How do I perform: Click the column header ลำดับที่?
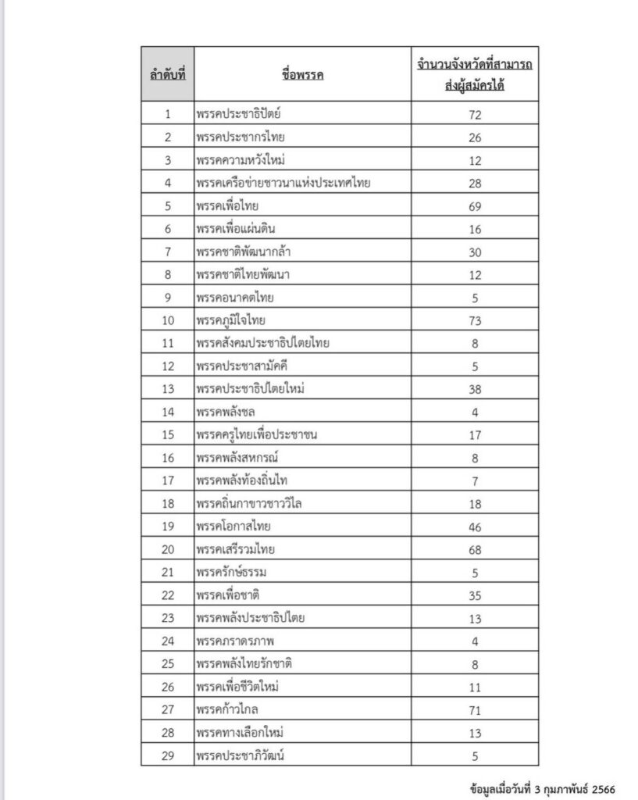[x=167, y=74]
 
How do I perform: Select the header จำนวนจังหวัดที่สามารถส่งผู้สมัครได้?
[x=475, y=74]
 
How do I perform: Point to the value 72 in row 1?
[x=475, y=115]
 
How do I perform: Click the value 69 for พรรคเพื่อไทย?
[x=475, y=206]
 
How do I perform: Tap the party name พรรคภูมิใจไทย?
[x=233, y=320]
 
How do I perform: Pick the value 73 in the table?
[x=475, y=320]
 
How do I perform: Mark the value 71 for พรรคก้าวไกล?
[x=475, y=709]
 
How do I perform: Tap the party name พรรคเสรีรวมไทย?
[x=236, y=549]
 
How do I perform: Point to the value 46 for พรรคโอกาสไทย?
[x=475, y=527]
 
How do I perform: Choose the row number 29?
[x=167, y=755]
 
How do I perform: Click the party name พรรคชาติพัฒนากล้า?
[x=245, y=252]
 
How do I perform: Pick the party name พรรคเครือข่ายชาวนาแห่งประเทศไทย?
[x=283, y=183]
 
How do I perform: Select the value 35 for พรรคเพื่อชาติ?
[x=475, y=595]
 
